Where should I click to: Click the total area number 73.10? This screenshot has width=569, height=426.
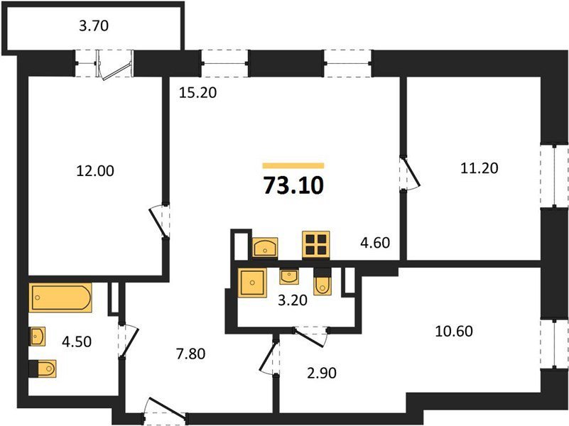click(293, 185)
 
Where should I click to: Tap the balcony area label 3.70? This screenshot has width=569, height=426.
click(94, 26)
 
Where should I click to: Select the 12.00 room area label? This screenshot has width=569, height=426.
click(95, 171)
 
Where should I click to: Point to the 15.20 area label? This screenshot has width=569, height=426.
click(197, 92)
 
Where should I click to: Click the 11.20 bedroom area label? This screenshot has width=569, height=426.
click(479, 168)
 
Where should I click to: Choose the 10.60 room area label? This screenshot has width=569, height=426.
click(454, 331)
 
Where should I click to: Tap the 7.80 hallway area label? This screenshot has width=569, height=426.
click(190, 354)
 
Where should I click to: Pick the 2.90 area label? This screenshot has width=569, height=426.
click(322, 373)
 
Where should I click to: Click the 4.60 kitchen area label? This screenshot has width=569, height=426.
click(375, 243)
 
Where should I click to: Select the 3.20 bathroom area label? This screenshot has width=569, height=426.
click(293, 300)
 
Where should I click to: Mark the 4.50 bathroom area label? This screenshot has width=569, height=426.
click(77, 342)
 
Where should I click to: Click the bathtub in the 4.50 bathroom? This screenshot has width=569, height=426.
click(60, 297)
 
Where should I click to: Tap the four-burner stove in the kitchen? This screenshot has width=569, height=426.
click(316, 245)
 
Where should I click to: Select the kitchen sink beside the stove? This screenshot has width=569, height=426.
click(265, 247)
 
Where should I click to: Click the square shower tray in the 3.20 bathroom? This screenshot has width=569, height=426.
click(252, 283)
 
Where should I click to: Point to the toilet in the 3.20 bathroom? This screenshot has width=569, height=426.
click(322, 282)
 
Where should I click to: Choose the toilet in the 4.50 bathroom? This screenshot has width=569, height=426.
click(43, 369)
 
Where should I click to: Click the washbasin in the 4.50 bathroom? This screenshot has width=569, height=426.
click(37, 337)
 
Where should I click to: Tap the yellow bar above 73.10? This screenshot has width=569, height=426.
click(293, 165)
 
